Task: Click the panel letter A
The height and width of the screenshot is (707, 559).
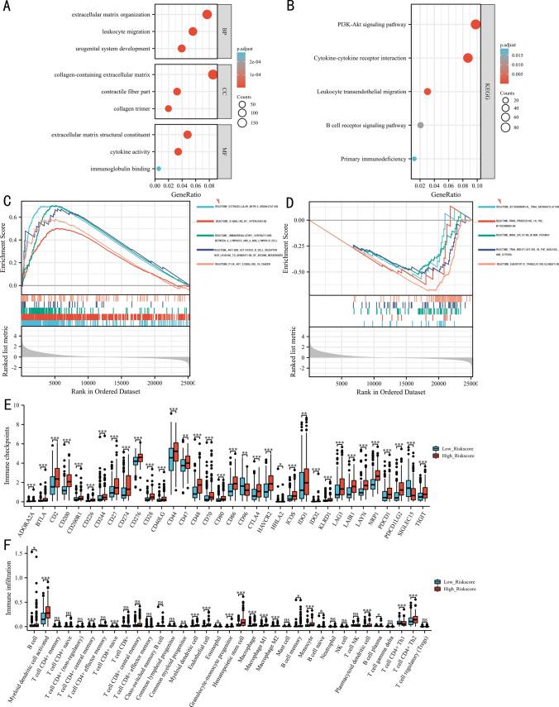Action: [x=6, y=6]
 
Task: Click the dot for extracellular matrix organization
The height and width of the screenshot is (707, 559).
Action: [x=206, y=15]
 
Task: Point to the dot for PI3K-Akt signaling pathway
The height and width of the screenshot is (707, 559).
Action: [x=475, y=24]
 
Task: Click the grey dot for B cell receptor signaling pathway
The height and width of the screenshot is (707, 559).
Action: [x=421, y=125]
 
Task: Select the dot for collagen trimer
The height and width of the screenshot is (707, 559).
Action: [x=169, y=108]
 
